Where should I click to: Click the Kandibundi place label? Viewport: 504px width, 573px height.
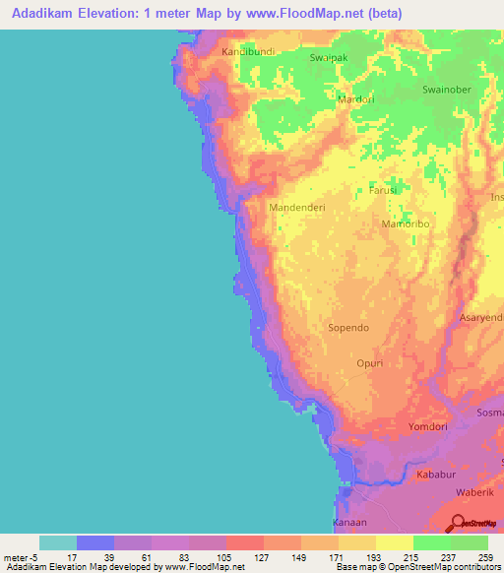[x=248, y=50]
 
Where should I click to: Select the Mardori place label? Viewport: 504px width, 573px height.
[x=357, y=99]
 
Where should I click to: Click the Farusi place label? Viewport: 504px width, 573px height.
[x=383, y=190]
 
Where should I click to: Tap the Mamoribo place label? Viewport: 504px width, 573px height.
[x=407, y=224]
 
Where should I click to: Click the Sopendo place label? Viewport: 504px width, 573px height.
[x=348, y=327]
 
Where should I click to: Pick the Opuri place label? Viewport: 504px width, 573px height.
[x=369, y=363]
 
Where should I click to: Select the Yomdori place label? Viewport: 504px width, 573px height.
[x=428, y=428]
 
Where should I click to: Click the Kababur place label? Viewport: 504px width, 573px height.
[x=437, y=475]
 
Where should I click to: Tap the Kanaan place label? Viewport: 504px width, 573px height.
[x=349, y=522]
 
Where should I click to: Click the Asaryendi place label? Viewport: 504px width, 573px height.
[x=481, y=318]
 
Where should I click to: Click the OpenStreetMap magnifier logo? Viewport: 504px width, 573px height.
[x=458, y=525]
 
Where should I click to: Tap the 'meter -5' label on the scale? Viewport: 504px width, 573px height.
[x=20, y=556]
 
